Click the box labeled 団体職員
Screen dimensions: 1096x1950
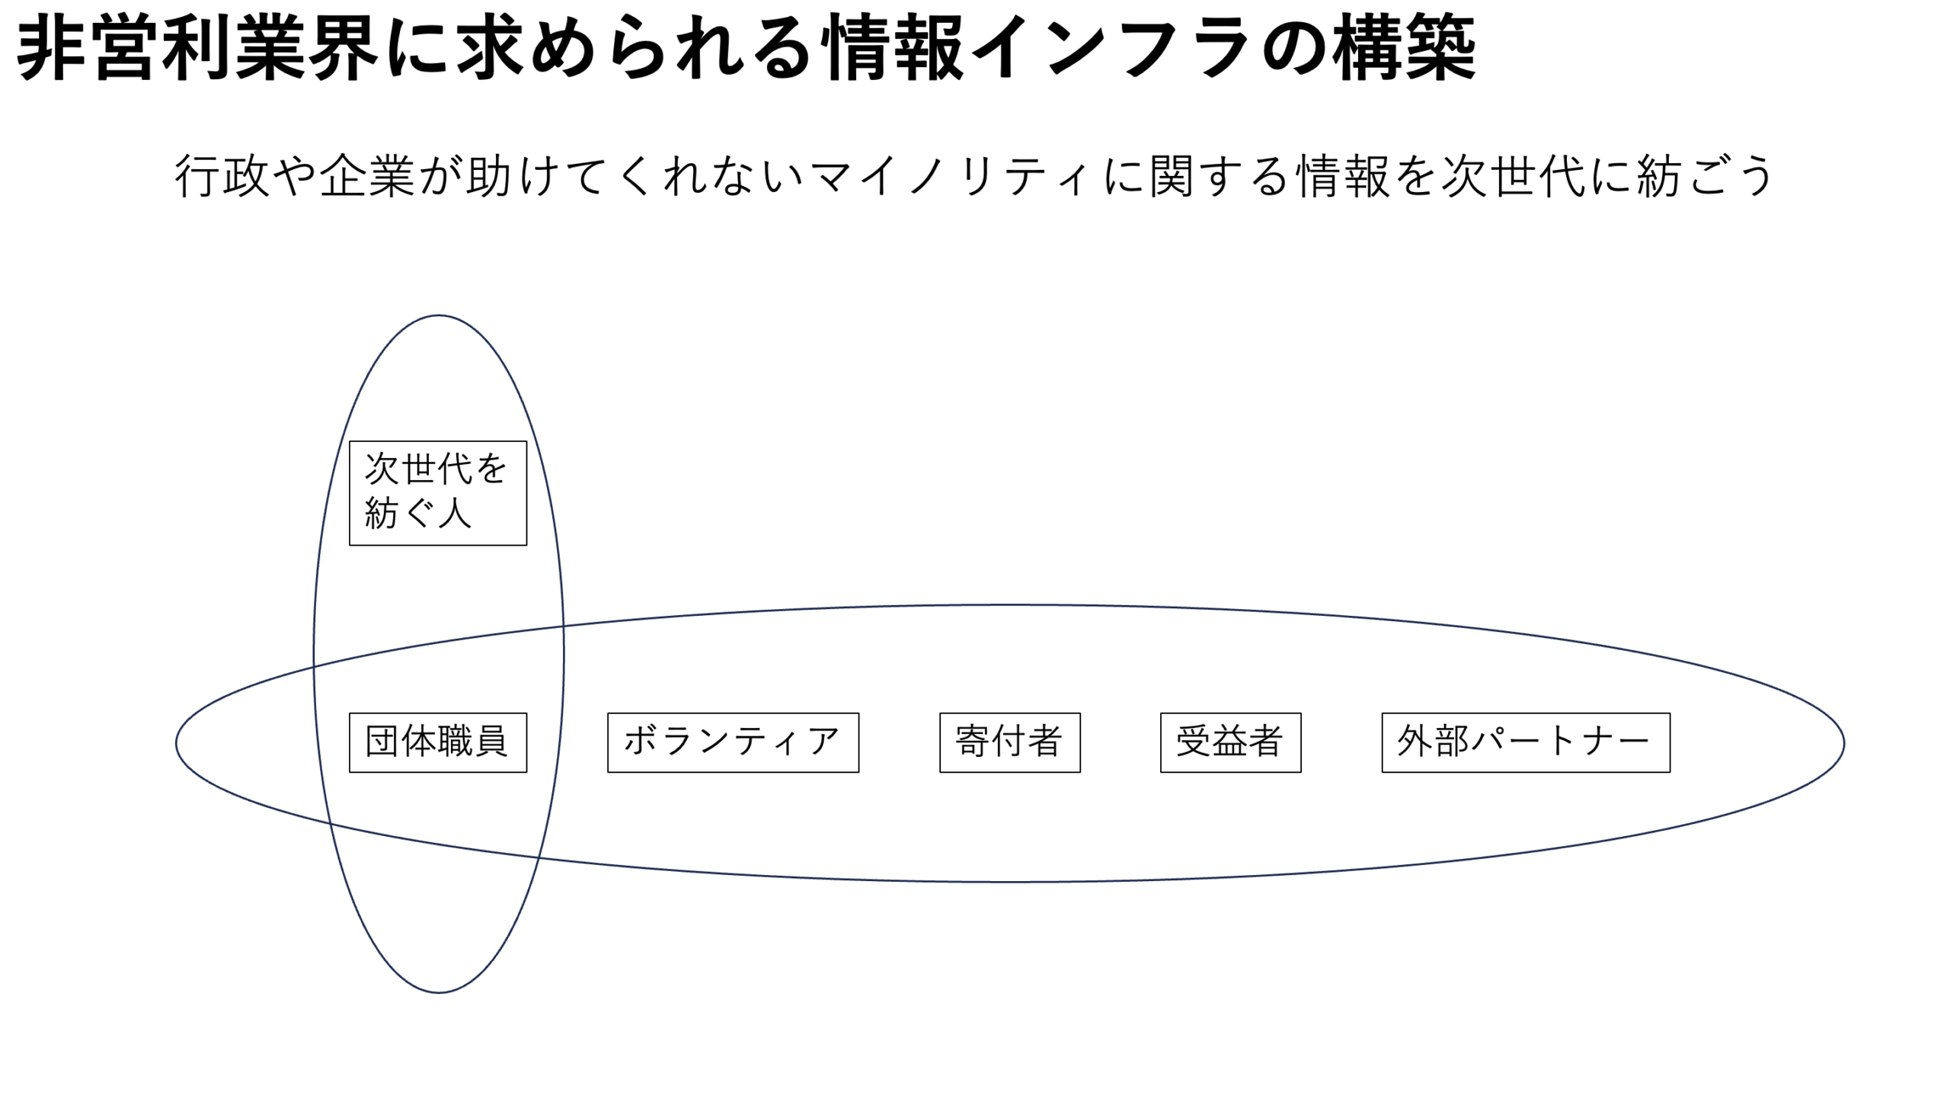[x=437, y=742]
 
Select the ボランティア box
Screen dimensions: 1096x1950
[x=733, y=742]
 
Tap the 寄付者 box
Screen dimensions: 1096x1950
[x=1009, y=742]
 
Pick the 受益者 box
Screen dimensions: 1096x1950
[x=1230, y=742]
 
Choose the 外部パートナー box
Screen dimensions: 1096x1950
[x=1525, y=742]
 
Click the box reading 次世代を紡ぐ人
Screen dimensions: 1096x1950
[x=437, y=492]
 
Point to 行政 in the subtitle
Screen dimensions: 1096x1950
[x=222, y=176]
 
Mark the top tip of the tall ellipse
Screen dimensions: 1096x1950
[x=438, y=316]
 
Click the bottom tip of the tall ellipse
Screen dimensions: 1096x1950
[x=438, y=992]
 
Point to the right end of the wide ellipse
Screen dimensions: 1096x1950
[x=1843, y=743]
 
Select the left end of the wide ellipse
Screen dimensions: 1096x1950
[x=177, y=743]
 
